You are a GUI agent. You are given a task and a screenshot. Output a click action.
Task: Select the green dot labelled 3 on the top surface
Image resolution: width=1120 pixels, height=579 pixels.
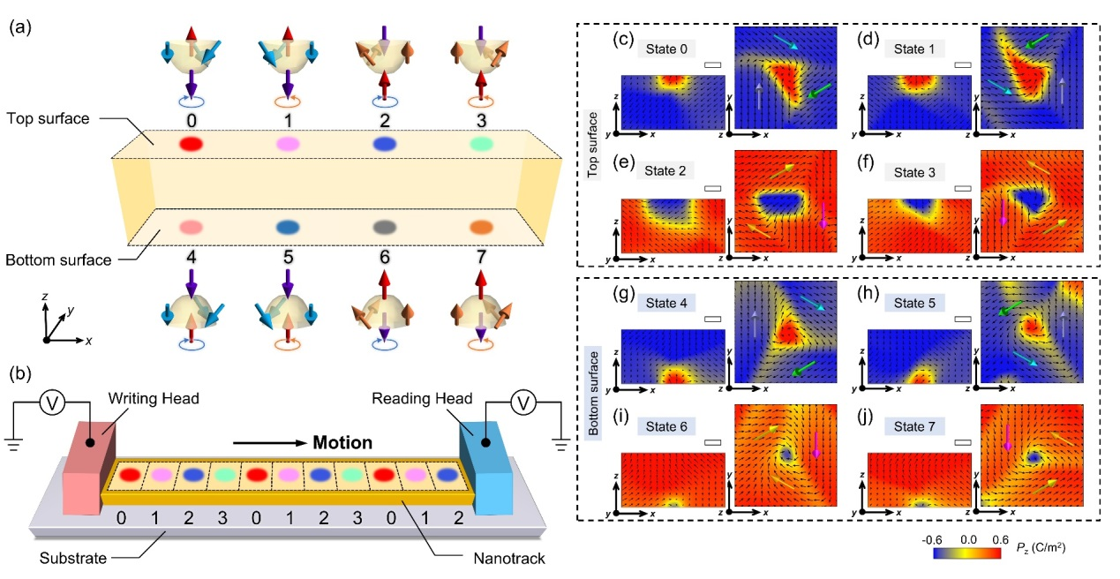pos(456,143)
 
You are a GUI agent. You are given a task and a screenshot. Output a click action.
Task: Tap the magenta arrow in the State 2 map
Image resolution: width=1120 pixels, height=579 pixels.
pos(823,214)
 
